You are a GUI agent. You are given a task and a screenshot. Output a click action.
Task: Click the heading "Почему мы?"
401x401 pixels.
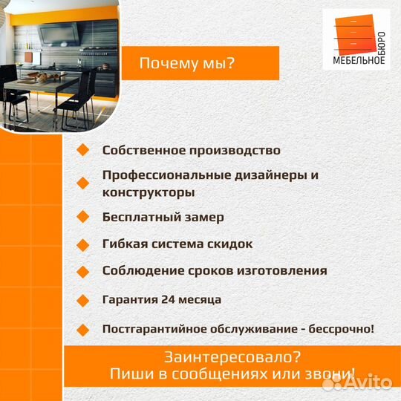coord(187,64)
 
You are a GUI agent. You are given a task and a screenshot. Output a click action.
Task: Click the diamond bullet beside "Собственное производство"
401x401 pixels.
coord(82,150)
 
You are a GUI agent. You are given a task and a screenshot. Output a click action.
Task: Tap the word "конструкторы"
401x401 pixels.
coord(149,192)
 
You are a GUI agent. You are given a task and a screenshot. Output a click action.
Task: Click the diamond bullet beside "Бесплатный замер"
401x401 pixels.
coord(82,218)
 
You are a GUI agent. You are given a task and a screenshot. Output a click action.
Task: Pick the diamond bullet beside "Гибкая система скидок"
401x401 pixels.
coord(82,244)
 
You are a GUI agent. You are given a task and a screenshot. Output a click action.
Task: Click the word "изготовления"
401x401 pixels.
coord(286,271)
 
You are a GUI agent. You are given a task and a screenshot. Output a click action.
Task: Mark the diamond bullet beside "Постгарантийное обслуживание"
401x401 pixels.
coord(82,327)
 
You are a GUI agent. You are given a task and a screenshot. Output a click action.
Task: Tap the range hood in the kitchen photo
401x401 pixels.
coord(57,34)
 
